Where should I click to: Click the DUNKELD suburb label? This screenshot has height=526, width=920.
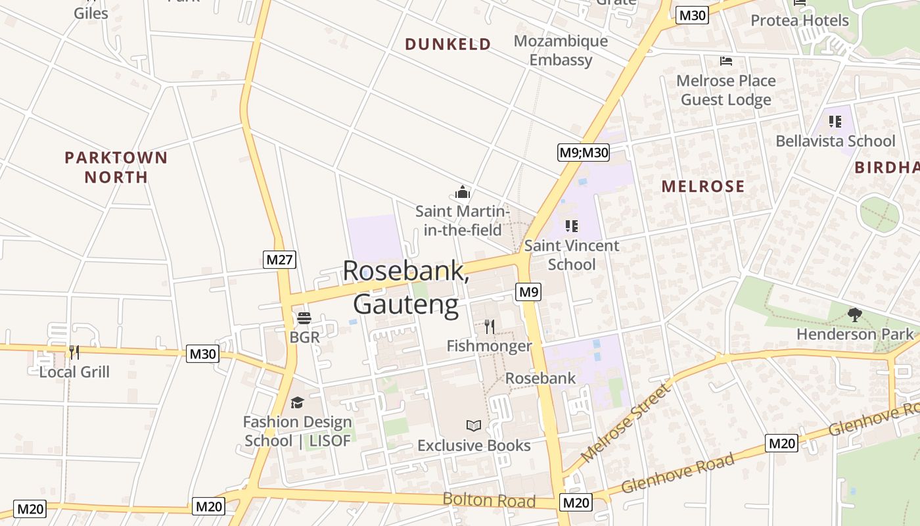point(448,44)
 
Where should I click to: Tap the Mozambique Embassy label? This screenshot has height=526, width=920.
point(561,51)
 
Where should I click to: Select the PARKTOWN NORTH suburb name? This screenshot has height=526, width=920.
point(116,167)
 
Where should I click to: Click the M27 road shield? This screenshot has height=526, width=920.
point(280,260)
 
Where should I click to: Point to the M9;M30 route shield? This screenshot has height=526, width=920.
point(584,153)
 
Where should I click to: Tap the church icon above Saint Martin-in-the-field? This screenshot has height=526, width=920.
point(463,192)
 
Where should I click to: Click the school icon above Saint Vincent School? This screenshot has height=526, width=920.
point(572,226)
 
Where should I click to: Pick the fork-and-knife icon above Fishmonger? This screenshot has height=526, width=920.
point(489,326)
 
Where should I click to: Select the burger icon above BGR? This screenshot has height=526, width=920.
point(304,318)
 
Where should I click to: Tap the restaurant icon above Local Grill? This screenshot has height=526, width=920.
point(74,352)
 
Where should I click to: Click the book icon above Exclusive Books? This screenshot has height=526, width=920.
point(474,425)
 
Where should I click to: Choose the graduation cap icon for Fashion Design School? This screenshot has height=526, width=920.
point(298,402)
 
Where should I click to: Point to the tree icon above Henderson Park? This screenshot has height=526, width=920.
point(855,314)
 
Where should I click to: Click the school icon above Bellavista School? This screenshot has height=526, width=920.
point(835,121)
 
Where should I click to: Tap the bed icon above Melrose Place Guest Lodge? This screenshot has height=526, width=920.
point(726,61)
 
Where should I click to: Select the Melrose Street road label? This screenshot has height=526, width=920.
point(628,422)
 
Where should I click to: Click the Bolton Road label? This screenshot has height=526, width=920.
point(489,500)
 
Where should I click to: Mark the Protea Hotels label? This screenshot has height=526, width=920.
point(800,20)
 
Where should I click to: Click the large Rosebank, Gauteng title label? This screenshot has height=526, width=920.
point(406,288)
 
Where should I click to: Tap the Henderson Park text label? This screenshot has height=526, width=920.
point(855,334)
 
